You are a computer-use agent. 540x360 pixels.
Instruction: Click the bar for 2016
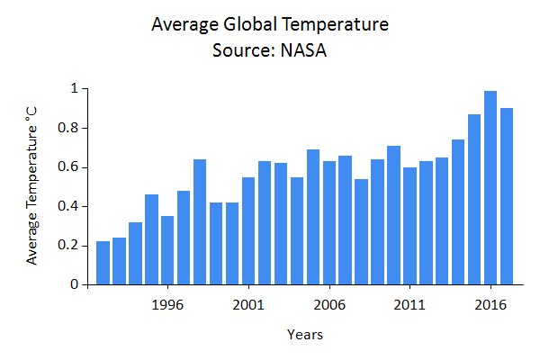tap(490, 188)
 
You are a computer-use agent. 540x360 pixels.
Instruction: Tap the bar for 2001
tap(248, 231)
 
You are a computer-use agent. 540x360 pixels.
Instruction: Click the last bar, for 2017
tap(507, 196)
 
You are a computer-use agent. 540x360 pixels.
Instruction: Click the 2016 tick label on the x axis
tap(490, 303)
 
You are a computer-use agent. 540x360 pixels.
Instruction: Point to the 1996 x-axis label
tap(167, 303)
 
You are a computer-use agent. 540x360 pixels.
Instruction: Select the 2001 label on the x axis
tap(248, 303)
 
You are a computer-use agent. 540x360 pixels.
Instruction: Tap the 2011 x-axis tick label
tap(410, 303)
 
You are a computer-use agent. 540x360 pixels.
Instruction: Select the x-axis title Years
tap(305, 335)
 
